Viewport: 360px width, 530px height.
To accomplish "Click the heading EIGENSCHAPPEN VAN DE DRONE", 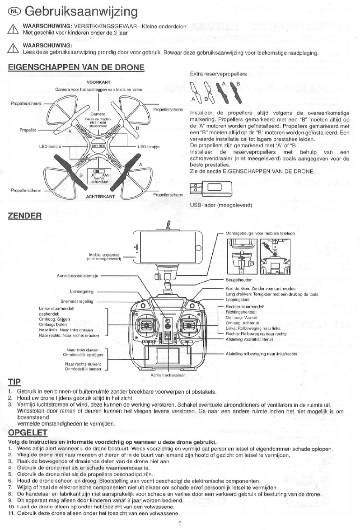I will pos(77,68).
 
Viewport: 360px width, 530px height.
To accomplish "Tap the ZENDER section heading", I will pos(25,216).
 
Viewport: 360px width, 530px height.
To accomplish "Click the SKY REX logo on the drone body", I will pos(98,146).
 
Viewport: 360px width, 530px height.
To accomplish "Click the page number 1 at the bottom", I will pos(180,524).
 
